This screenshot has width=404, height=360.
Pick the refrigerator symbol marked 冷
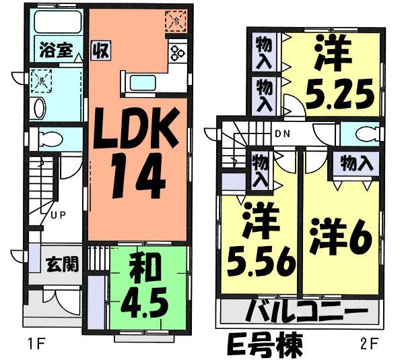[x=174, y=21]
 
